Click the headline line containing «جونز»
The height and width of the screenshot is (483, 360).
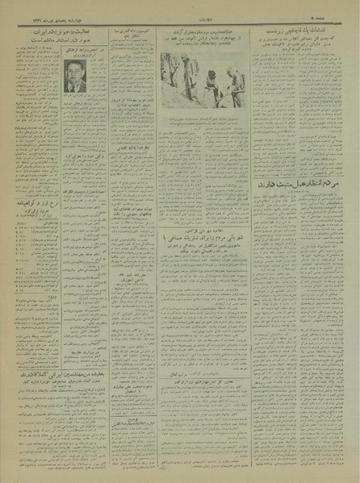[57, 31]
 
